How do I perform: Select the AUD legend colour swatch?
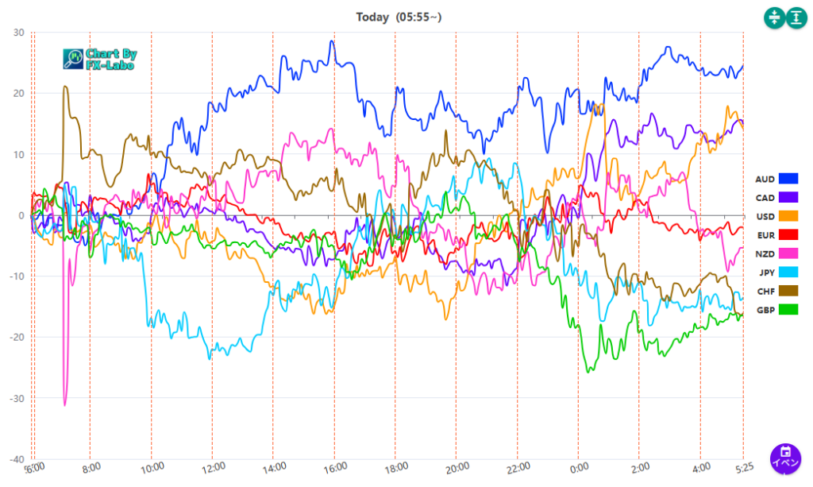tap(788, 180)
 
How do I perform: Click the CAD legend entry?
tap(776, 198)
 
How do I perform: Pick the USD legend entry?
tap(776, 217)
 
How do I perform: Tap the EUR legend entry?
tap(776, 235)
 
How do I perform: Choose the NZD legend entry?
tap(776, 253)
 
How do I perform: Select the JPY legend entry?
tap(776, 272)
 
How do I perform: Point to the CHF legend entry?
tap(776, 291)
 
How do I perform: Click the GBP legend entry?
tap(776, 310)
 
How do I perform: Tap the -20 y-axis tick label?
tap(16, 338)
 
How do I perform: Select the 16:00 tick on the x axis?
tap(334, 468)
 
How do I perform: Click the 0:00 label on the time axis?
tap(579, 468)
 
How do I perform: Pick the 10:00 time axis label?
tap(152, 468)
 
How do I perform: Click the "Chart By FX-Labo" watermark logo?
tap(100, 59)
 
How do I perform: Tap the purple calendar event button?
tap(785, 458)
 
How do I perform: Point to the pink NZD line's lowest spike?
tap(65, 404)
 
